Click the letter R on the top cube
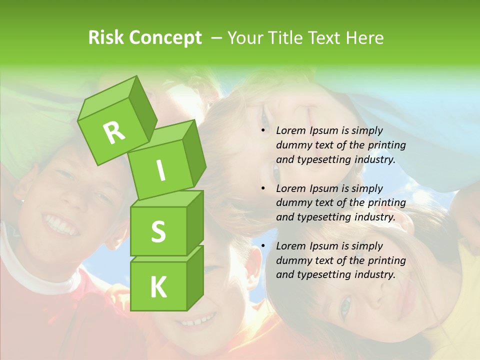pos(114,132)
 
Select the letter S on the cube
pos(158,231)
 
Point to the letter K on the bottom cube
pos(158,287)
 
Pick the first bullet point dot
pos(263,131)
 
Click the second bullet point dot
pos(263,188)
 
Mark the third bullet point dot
pos(263,246)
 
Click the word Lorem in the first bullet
pos(290,131)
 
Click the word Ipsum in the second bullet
pos(323,188)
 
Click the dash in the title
pos(217,38)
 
